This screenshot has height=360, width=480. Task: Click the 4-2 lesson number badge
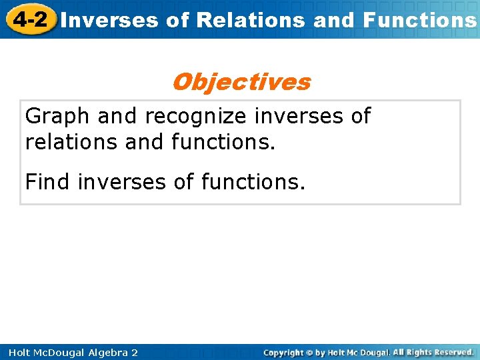(29, 19)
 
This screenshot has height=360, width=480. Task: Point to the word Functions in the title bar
(419, 20)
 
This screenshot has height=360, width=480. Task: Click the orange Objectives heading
(241, 82)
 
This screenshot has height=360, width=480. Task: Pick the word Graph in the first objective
(57, 116)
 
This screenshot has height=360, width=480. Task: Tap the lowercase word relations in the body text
(70, 141)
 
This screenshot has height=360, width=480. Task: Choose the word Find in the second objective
(48, 181)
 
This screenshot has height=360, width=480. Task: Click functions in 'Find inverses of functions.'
(253, 181)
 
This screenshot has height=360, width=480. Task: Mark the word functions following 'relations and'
(223, 141)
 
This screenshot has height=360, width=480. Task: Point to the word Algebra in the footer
(105, 352)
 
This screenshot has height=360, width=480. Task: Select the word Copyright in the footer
(284, 352)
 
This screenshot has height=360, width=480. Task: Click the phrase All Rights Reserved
(433, 352)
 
